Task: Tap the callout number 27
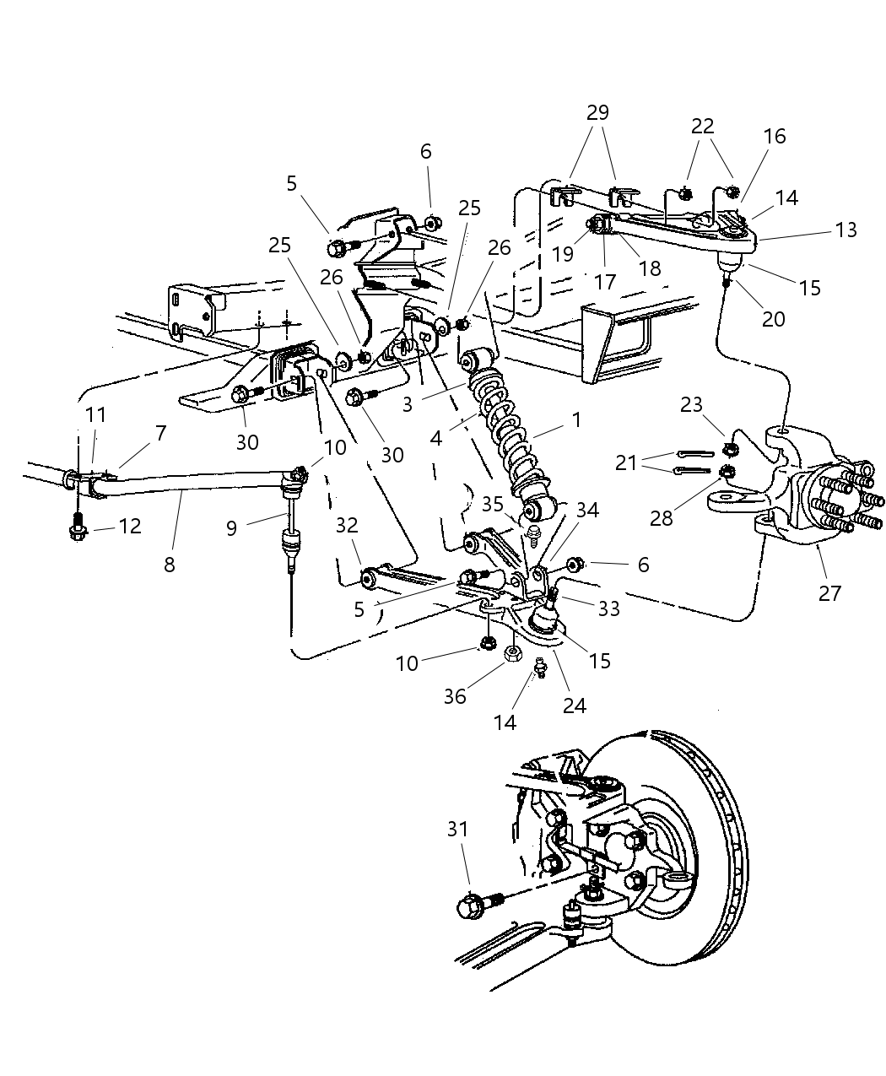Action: coord(829,592)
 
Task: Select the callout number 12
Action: coord(130,526)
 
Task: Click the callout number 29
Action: coord(597,113)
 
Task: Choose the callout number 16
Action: coord(775,137)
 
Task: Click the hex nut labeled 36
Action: coord(511,654)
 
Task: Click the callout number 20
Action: coord(773,319)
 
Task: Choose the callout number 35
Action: coord(493,505)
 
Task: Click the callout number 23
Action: coord(691,405)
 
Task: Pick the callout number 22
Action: coord(702,127)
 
